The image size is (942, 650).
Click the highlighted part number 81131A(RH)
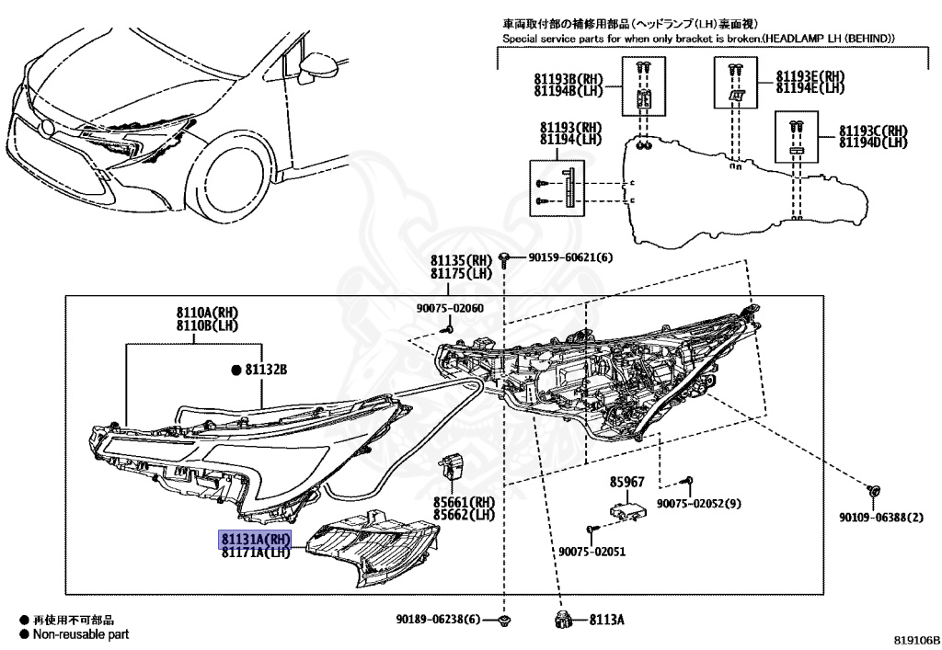pos(255,539)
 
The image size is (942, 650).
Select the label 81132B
pos(266,370)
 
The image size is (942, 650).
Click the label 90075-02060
pos(448,308)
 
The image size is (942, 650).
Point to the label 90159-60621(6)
pos(569,257)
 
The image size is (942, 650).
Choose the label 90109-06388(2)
pos(880,518)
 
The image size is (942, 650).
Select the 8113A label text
pos(606,619)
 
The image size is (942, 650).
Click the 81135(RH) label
pos(463,261)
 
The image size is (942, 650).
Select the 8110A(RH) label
pos(194,314)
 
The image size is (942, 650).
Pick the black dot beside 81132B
pos(235,370)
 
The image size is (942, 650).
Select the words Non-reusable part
pos(81,634)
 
